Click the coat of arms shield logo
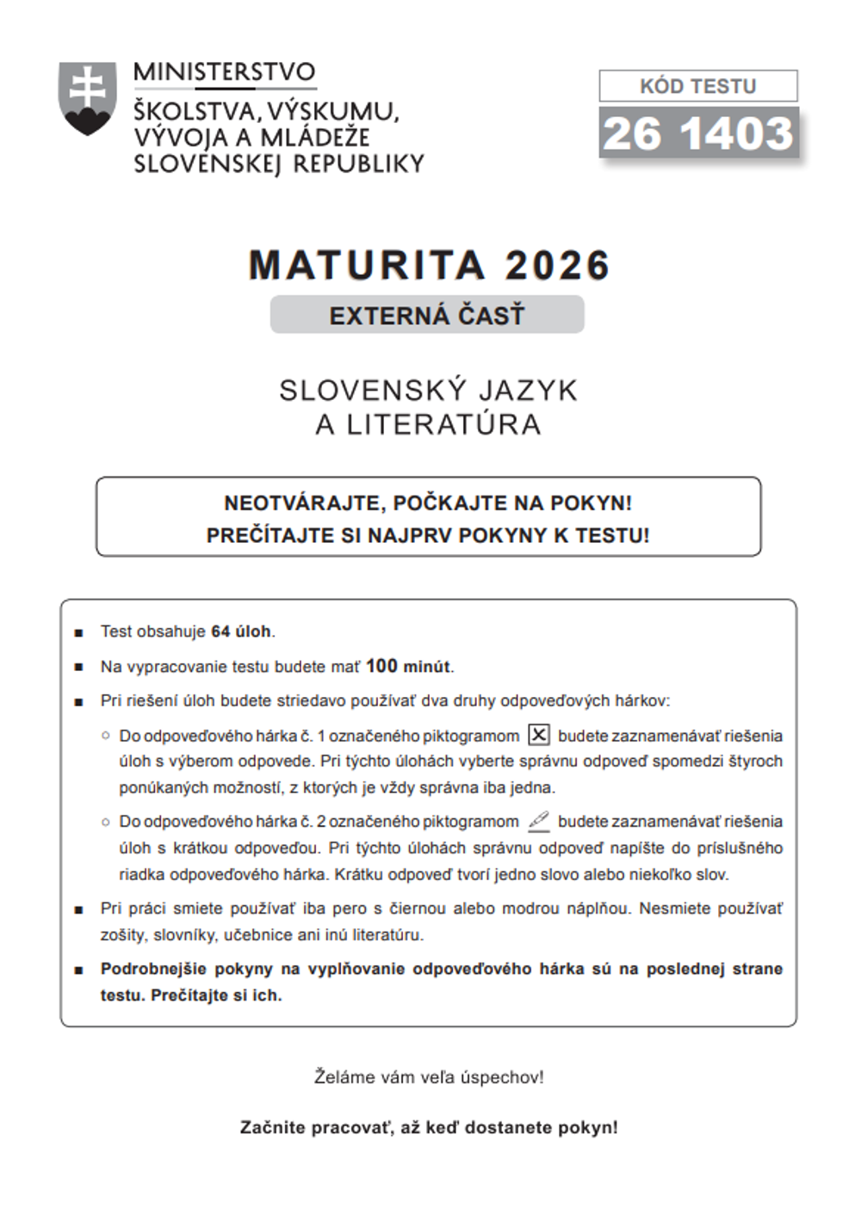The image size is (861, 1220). pyautogui.click(x=87, y=98)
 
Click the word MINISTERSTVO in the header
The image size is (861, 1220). pyautogui.click(x=225, y=72)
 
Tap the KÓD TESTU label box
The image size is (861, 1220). pyautogui.click(x=698, y=86)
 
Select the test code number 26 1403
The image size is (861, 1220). pyautogui.click(x=698, y=134)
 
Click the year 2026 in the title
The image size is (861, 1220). pyautogui.click(x=557, y=266)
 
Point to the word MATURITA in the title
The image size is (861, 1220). pyautogui.click(x=368, y=266)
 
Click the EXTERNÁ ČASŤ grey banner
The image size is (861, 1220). pyautogui.click(x=427, y=315)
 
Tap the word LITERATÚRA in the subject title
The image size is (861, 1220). pyautogui.click(x=444, y=425)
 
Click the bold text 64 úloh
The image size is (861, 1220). pyautogui.click(x=241, y=632)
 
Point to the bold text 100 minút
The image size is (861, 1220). pyautogui.click(x=408, y=667)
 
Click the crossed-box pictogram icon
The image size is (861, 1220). pyautogui.click(x=539, y=735)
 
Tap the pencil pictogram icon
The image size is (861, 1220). pyautogui.click(x=539, y=821)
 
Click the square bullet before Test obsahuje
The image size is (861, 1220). pyautogui.click(x=79, y=633)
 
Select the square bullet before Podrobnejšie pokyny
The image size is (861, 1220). pyautogui.click(x=79, y=970)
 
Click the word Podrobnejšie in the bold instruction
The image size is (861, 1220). pyautogui.click(x=153, y=969)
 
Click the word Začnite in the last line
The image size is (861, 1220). pyautogui.click(x=272, y=1128)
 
